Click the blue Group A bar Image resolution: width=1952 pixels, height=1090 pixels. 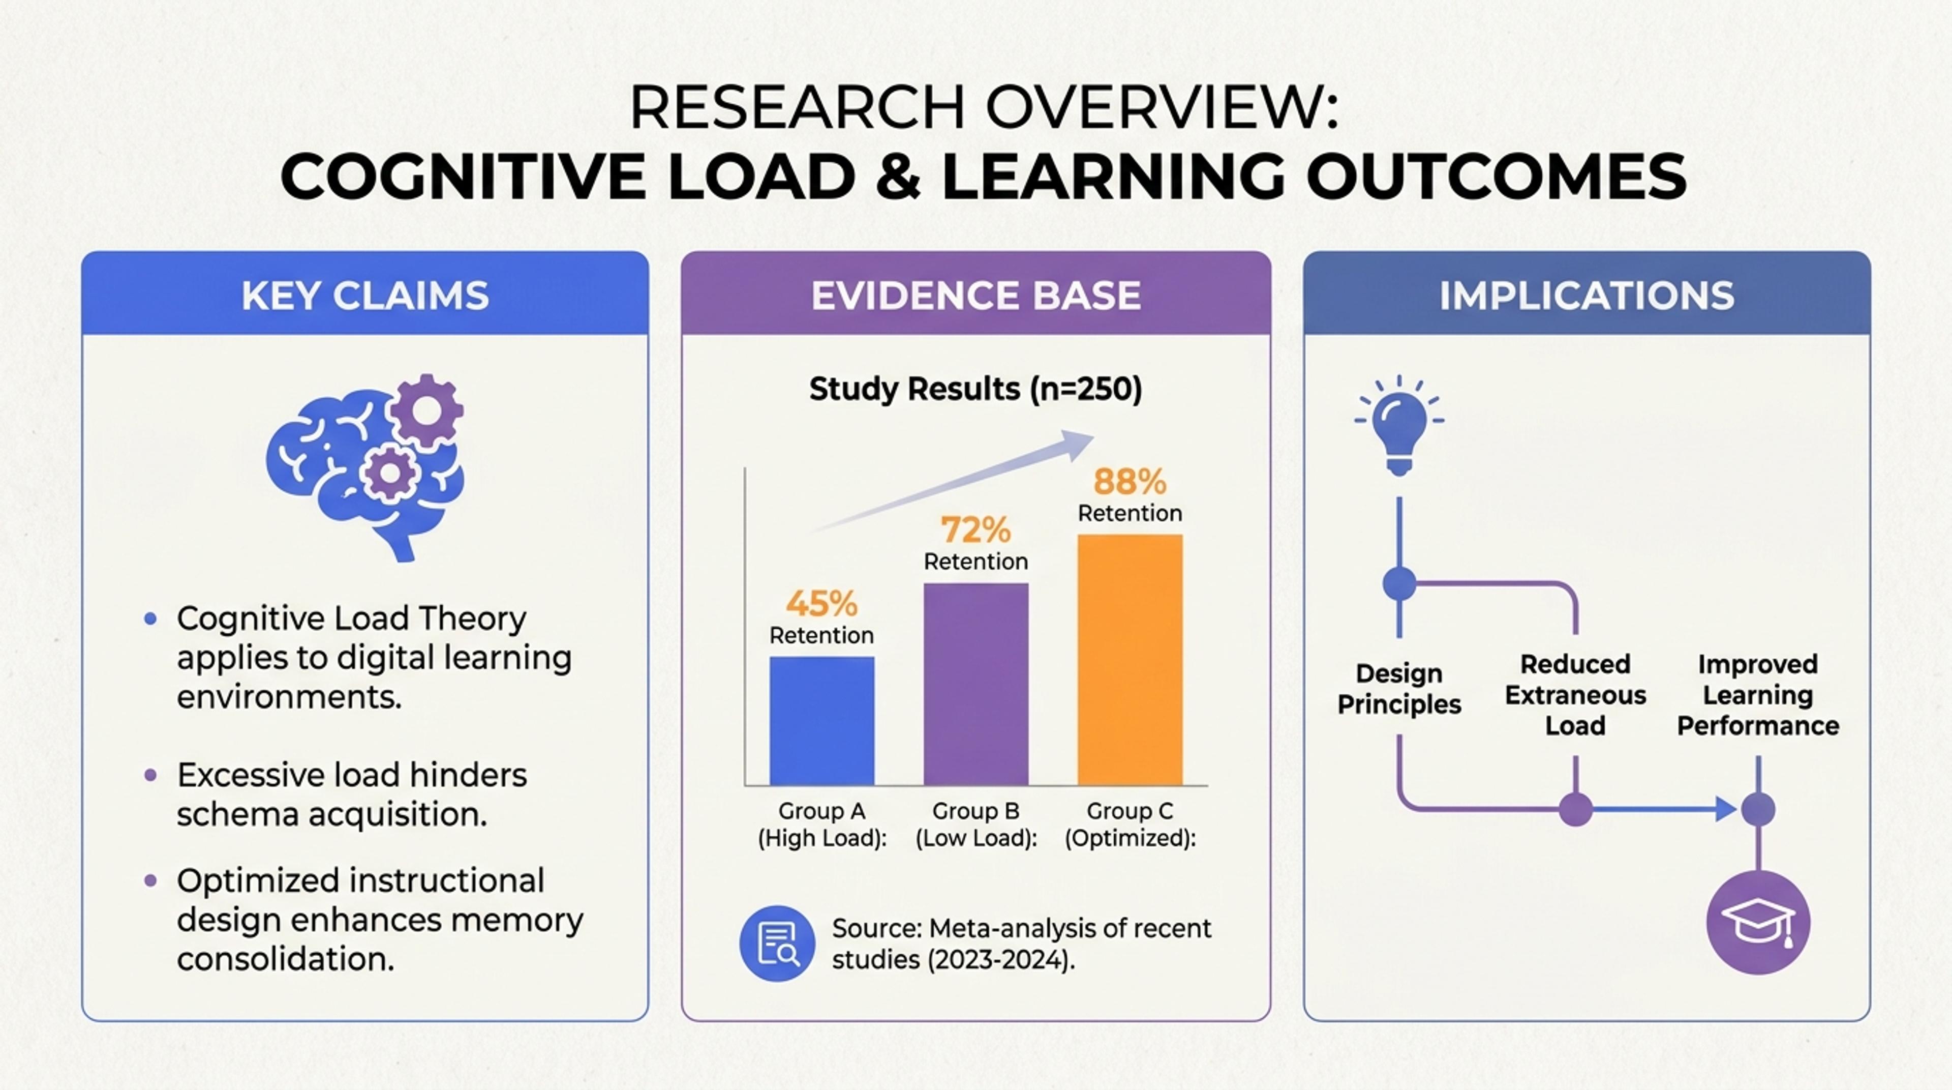click(x=822, y=721)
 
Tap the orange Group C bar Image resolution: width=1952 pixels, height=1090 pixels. click(x=1130, y=660)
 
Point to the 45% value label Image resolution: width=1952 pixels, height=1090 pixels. click(x=822, y=604)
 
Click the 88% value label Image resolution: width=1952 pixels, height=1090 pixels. click(x=1130, y=481)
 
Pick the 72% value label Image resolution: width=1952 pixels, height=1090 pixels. click(x=976, y=530)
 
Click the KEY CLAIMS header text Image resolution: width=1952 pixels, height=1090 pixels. click(x=365, y=296)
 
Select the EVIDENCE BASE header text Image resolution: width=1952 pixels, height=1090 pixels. click(x=976, y=296)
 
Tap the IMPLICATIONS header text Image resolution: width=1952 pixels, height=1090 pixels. click(x=1587, y=296)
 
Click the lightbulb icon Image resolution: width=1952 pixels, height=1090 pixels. click(x=1399, y=425)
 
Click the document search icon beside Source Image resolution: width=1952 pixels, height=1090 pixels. click(x=777, y=944)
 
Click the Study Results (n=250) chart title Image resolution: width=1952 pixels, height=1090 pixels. click(x=976, y=389)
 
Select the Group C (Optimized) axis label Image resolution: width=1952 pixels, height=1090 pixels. click(x=1130, y=824)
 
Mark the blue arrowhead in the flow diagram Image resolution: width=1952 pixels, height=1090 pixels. click(x=1726, y=810)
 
